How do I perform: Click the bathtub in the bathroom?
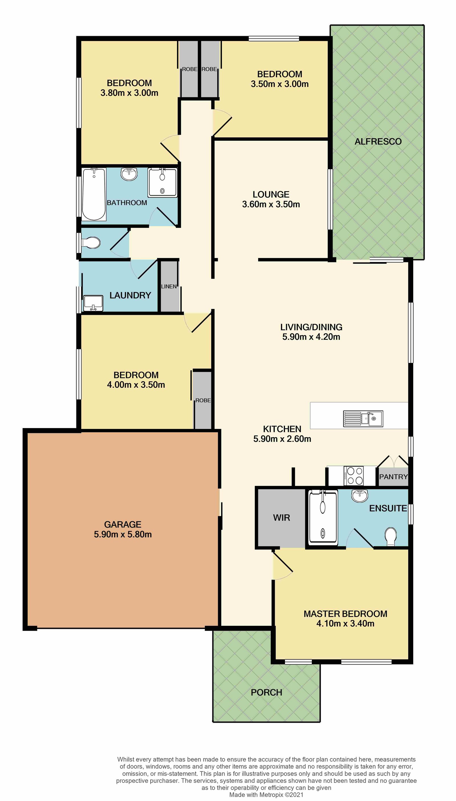click(x=94, y=194)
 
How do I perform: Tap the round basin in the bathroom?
click(x=129, y=174)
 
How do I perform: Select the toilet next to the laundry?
click(x=91, y=243)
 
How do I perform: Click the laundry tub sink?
click(x=93, y=303)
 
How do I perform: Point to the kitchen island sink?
click(x=363, y=419)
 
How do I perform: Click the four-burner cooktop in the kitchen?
click(x=354, y=476)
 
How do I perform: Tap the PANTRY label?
click(x=393, y=477)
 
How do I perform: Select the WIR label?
click(x=282, y=518)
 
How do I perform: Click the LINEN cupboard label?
click(x=169, y=286)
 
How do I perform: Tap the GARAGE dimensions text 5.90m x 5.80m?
click(x=123, y=534)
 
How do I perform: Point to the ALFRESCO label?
click(x=378, y=142)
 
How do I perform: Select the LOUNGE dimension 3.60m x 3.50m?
click(x=271, y=205)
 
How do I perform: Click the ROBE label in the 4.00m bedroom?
click(x=203, y=400)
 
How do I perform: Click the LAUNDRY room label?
click(x=130, y=295)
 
